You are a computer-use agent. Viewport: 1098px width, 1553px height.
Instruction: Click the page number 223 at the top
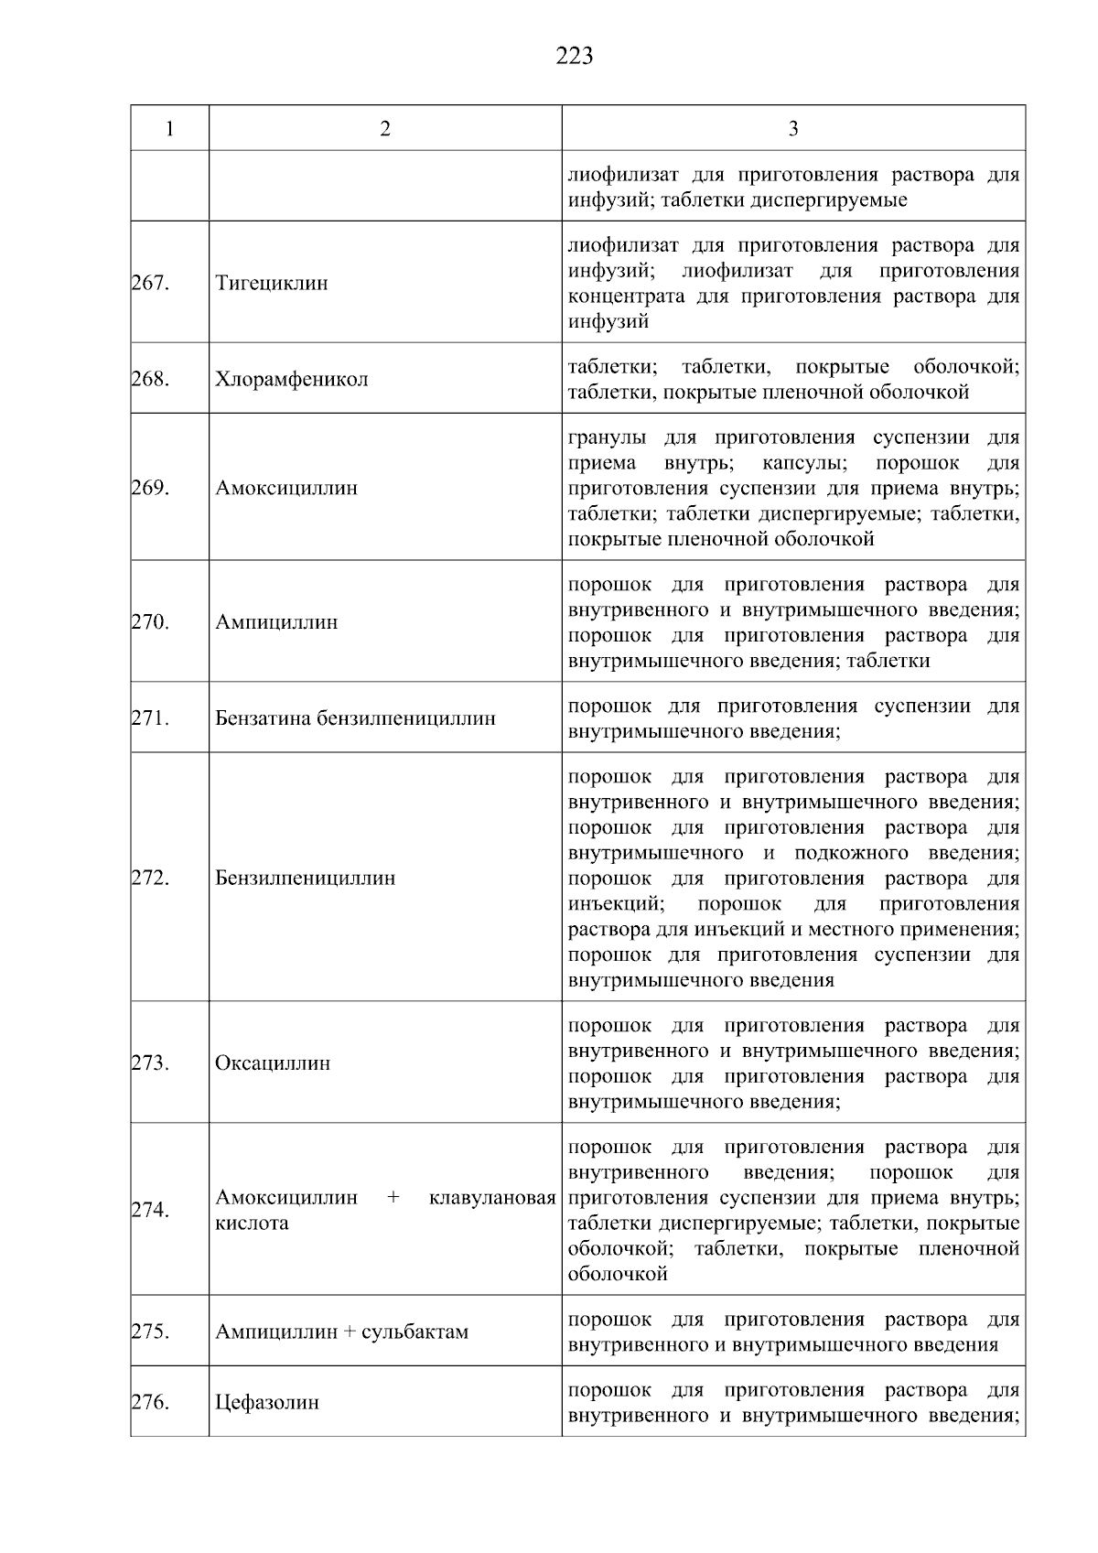[574, 57]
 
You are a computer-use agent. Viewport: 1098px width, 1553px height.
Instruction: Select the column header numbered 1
[169, 129]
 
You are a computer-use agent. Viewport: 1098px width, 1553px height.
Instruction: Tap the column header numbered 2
[385, 129]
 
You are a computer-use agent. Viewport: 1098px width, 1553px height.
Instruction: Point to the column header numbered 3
[792, 129]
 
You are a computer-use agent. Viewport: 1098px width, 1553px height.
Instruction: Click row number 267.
[150, 283]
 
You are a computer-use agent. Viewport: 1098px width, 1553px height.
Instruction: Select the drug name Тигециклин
[271, 283]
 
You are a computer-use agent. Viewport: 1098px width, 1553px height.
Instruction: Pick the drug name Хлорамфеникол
[291, 379]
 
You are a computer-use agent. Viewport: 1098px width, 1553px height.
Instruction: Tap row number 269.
[150, 488]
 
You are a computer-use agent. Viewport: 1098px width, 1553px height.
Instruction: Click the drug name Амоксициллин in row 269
[286, 488]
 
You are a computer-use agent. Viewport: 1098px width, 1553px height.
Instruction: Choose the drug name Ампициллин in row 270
[276, 622]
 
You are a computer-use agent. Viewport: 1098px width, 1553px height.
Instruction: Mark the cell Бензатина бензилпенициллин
[355, 718]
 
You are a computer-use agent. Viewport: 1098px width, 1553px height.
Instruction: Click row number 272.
[150, 879]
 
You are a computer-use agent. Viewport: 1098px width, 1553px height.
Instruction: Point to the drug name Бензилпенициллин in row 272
[305, 879]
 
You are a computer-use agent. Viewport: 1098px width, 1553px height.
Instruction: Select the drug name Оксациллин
[272, 1063]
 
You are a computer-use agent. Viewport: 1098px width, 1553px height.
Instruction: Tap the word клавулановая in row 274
[492, 1198]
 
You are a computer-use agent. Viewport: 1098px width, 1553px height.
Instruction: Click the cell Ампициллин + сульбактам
[341, 1332]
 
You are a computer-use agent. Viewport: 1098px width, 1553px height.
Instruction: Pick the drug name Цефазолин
[266, 1403]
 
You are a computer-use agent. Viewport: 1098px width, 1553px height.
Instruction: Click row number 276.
[150, 1403]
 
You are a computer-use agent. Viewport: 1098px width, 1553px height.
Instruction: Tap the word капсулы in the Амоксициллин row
[804, 463]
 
